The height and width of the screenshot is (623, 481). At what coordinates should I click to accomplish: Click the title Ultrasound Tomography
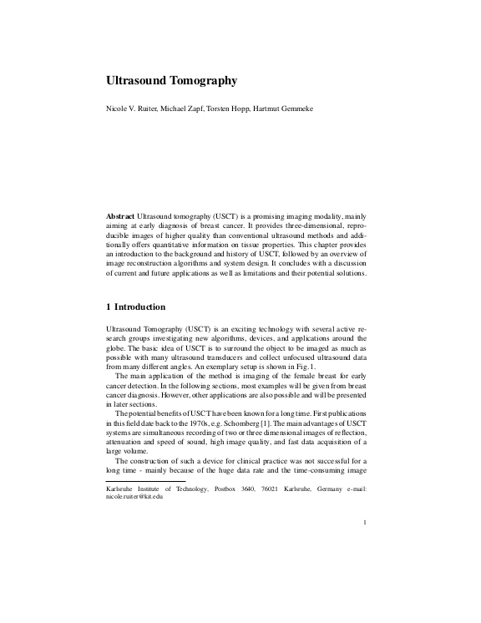(x=172, y=81)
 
